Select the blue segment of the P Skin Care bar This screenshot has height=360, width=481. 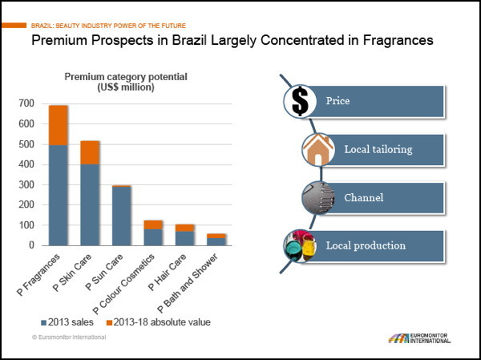point(91,204)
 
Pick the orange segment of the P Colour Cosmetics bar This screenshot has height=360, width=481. point(152,224)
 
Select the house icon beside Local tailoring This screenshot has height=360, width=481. point(319,149)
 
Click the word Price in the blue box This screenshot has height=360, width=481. point(338,102)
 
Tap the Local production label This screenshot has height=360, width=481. point(366,245)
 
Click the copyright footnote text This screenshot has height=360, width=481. point(64,338)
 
